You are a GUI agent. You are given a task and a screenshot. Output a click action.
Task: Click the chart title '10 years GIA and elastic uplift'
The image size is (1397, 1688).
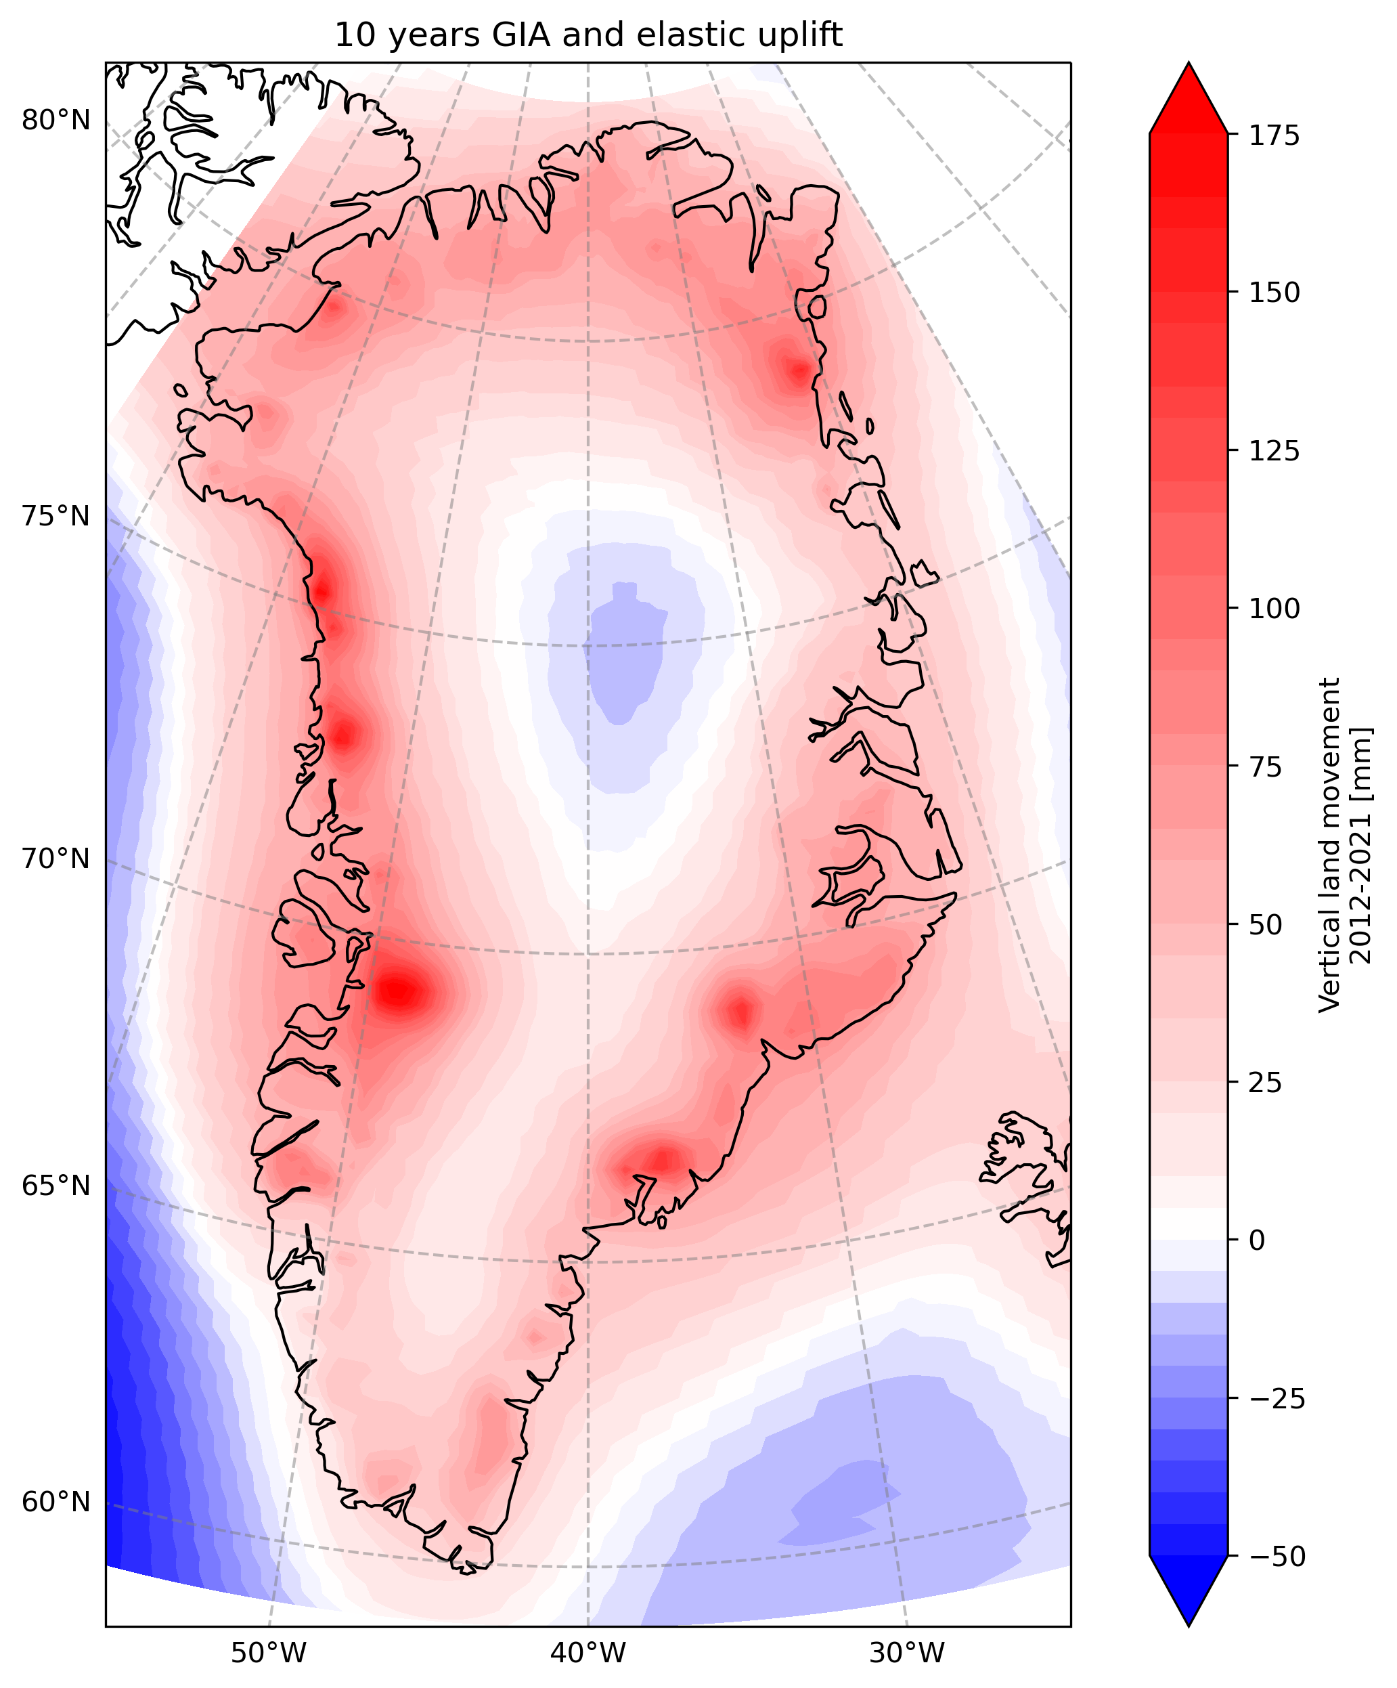[588, 35]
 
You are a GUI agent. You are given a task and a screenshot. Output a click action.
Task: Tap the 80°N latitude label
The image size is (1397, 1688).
[56, 121]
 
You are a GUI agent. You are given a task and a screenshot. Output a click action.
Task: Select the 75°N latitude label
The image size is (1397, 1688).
[56, 516]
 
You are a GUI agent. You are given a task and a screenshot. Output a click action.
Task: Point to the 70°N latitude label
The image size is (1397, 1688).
[56, 859]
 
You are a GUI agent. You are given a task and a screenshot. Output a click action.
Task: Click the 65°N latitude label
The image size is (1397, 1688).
[56, 1186]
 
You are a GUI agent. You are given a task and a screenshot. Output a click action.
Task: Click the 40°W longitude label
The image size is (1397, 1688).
[587, 1653]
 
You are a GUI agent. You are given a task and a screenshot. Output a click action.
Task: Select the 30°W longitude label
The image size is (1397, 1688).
[907, 1653]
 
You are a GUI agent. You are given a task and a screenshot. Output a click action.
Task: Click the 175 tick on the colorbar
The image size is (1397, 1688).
[1274, 135]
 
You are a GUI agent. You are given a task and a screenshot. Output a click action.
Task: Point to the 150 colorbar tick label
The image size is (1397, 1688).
[1274, 293]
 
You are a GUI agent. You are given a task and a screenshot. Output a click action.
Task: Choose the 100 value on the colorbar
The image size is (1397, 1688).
[1274, 609]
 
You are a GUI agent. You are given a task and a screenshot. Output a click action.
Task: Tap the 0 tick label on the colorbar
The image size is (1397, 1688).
[1257, 1240]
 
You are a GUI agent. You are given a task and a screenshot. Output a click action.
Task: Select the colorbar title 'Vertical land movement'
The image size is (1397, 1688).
[1330, 844]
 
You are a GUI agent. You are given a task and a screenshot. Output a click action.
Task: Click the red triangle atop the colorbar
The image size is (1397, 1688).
[1188, 96]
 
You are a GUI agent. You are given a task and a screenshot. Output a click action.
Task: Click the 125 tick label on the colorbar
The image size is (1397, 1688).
[1274, 451]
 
